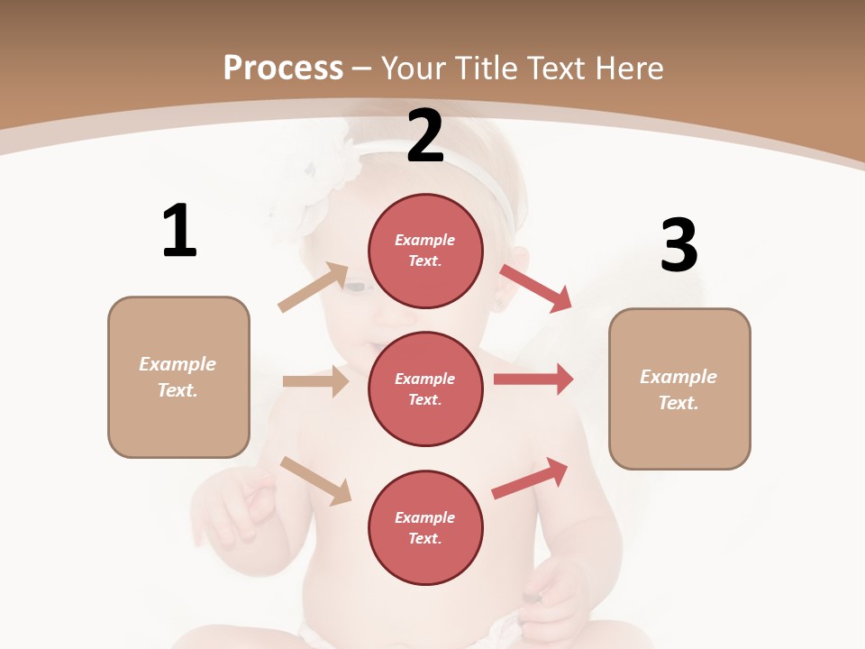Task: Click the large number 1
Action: point(179,231)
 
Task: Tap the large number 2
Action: point(425,136)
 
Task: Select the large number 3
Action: point(678,245)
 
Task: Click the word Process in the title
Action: point(283,68)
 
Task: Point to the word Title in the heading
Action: point(485,68)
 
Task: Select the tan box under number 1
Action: point(178,377)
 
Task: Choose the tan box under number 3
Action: point(679,388)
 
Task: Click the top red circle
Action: point(425,251)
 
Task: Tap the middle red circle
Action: point(425,388)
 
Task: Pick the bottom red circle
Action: point(425,527)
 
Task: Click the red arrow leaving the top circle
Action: point(536,288)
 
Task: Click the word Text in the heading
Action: point(551,68)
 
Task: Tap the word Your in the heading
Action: point(414,68)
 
